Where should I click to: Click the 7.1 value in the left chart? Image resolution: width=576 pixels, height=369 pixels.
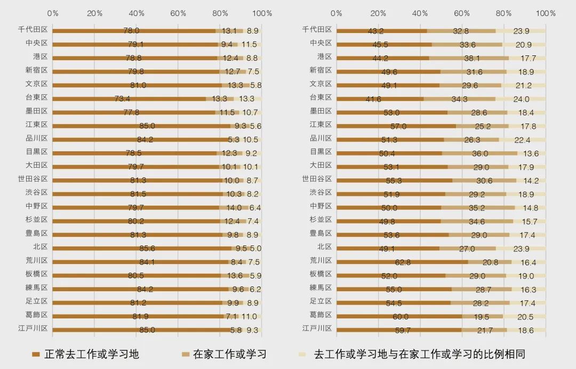[233, 316]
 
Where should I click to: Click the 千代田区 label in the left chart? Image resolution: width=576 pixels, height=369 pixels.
[33, 30]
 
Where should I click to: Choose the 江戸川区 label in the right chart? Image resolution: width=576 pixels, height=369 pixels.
[317, 328]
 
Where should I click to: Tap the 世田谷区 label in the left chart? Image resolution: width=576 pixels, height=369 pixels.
[33, 179]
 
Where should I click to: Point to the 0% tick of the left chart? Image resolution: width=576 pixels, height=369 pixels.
[52, 13]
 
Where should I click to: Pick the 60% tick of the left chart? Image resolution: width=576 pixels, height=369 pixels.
[178, 13]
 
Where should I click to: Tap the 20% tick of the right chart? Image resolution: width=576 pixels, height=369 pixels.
[378, 13]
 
